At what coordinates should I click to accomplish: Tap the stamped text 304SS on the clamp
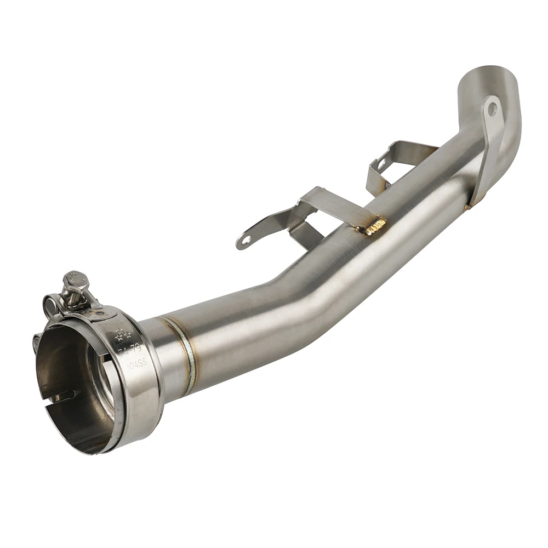click(x=136, y=367)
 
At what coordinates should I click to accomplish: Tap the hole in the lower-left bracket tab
click(x=247, y=239)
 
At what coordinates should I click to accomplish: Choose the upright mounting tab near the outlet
click(x=488, y=142)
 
